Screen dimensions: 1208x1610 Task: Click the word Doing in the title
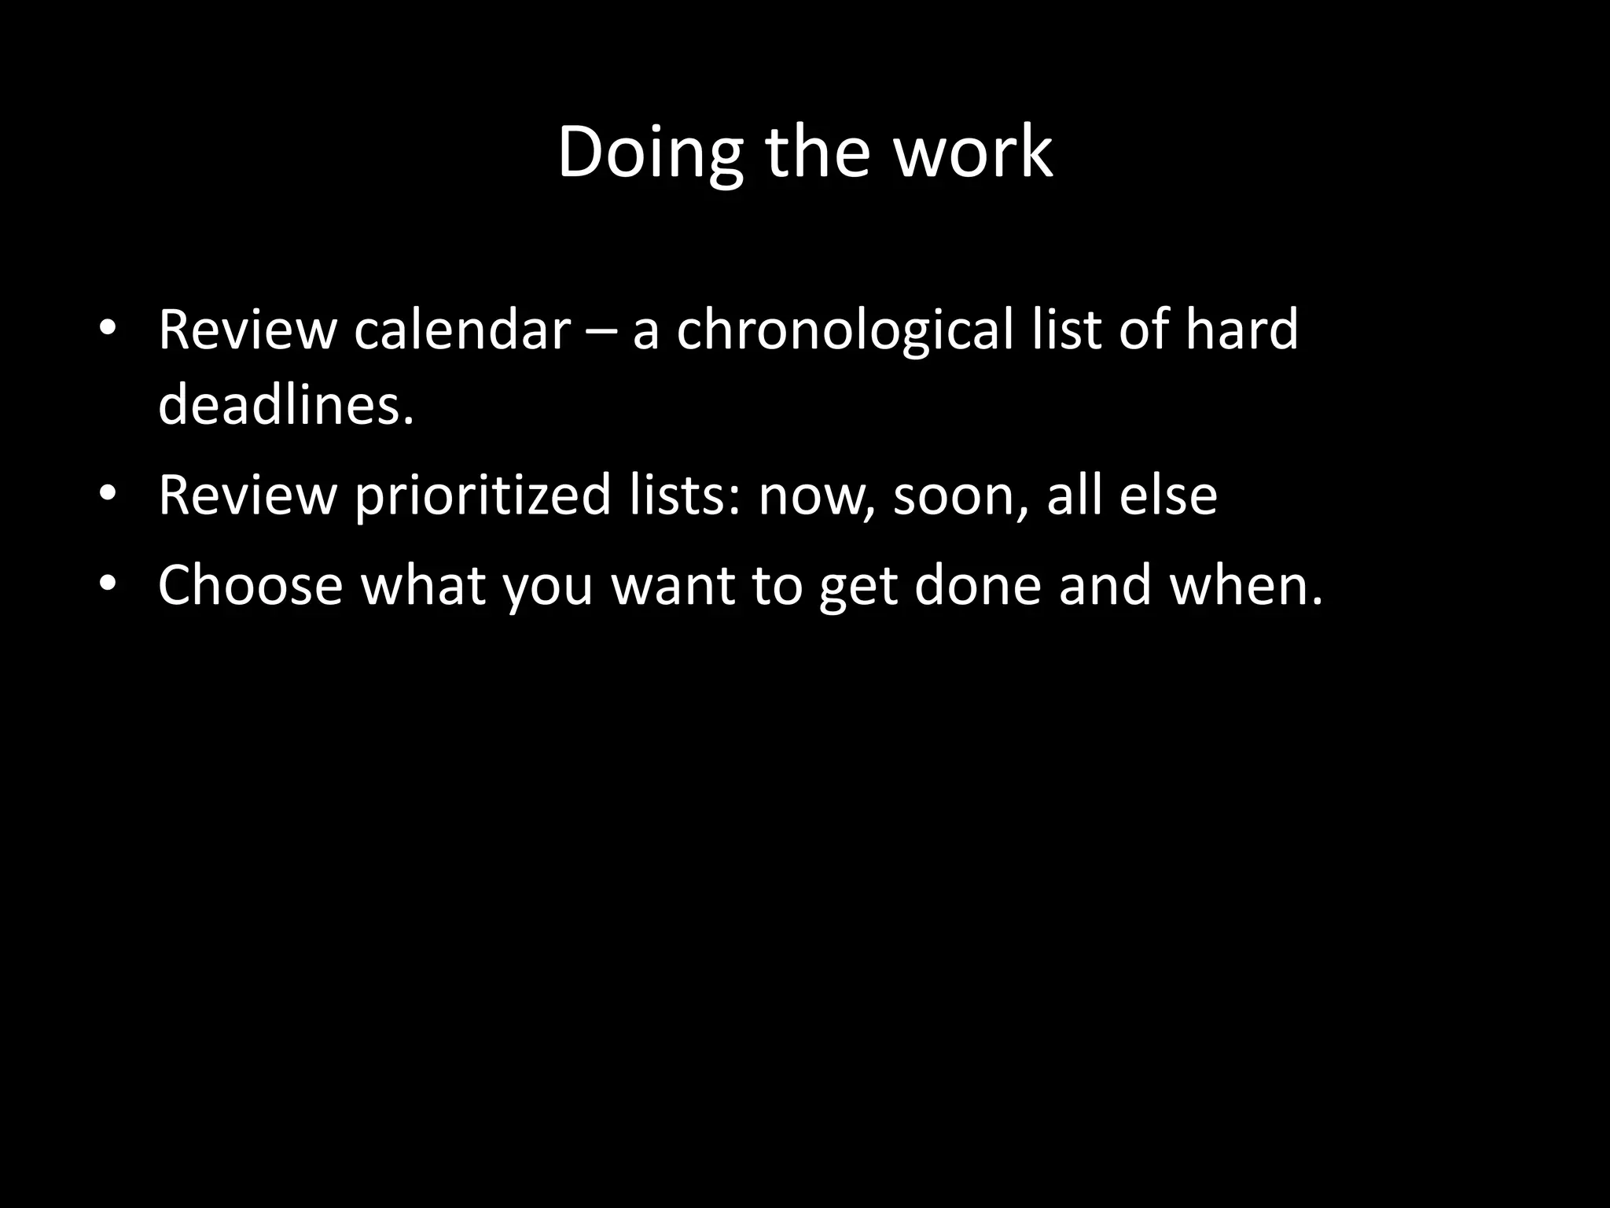tap(649, 153)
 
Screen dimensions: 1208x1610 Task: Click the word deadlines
tap(285, 404)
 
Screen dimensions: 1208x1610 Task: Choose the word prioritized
tap(483, 495)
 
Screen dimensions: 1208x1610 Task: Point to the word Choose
tap(251, 585)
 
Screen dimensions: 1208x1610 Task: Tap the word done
tap(977, 585)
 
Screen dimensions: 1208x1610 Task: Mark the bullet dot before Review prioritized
tap(108, 494)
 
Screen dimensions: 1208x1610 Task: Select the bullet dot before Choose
tap(108, 584)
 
